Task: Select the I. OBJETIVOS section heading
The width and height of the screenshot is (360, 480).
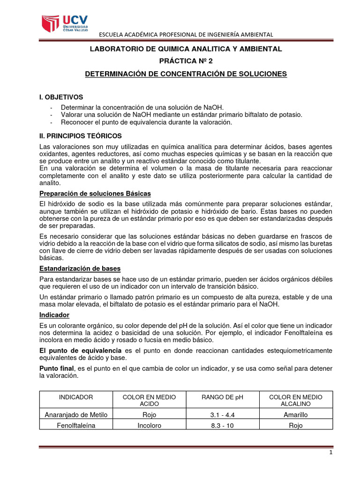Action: click(x=61, y=97)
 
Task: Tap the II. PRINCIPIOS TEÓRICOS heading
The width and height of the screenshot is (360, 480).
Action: click(x=80, y=136)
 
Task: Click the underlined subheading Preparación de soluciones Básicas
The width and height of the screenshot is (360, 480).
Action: click(x=95, y=194)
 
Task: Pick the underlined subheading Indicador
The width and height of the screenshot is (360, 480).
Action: click(x=54, y=315)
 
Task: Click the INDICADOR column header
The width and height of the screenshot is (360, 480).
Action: click(x=76, y=397)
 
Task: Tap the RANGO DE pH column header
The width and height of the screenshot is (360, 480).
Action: click(x=223, y=397)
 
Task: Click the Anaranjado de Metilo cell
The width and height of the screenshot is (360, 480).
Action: click(x=76, y=414)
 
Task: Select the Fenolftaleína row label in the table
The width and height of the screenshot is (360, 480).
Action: click(x=76, y=426)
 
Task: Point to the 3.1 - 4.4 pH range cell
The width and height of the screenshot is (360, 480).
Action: click(x=223, y=414)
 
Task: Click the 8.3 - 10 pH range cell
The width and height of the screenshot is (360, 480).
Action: click(x=223, y=426)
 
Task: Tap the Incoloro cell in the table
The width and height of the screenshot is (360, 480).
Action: click(x=150, y=426)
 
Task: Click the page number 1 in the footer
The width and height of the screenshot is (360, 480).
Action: click(x=331, y=453)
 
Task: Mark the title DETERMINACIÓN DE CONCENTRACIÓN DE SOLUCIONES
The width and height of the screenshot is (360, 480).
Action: click(x=186, y=74)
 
